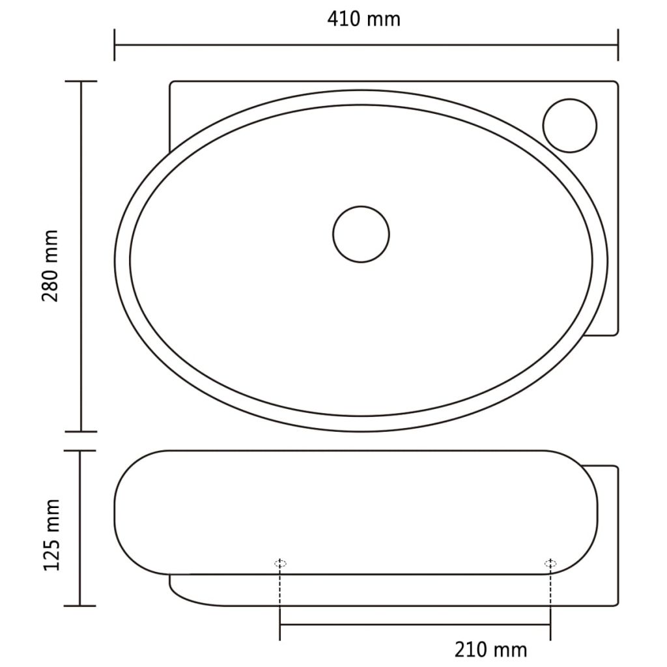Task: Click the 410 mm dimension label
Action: pyautogui.click(x=363, y=19)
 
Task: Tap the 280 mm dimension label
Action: pyautogui.click(x=51, y=265)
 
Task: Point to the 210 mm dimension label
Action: pyautogui.click(x=491, y=649)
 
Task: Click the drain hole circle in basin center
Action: pyautogui.click(x=361, y=234)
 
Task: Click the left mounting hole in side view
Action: pyautogui.click(x=280, y=563)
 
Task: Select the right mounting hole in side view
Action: pyautogui.click(x=550, y=563)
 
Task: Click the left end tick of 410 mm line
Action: pyautogui.click(x=115, y=45)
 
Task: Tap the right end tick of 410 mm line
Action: pyautogui.click(x=617, y=45)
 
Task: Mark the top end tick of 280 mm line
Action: pyautogui.click(x=81, y=81)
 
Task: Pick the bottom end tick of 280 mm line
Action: pyautogui.click(x=81, y=431)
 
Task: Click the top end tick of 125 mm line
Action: pyautogui.click(x=81, y=451)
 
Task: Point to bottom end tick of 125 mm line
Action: pyautogui.click(x=81, y=606)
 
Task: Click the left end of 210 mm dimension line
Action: pyautogui.click(x=280, y=625)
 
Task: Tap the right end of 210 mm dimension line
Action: pyautogui.click(x=550, y=625)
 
